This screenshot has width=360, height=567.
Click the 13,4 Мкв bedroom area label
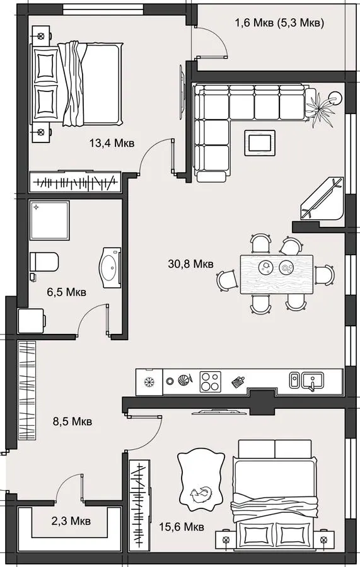coord(112,143)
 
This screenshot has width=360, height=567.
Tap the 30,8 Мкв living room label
coord(190,263)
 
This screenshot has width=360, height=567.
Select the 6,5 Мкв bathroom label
coord(67,292)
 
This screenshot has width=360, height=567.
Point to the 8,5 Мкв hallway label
coord(73,421)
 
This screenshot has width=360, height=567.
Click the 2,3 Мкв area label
coord(71,521)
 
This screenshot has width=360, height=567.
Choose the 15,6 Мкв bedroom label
coord(182,527)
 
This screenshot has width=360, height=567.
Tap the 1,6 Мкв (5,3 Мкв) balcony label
coord(279,23)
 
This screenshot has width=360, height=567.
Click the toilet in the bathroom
coord(44,261)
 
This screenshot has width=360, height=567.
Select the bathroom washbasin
coord(110,268)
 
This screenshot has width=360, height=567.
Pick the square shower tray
coord(49,220)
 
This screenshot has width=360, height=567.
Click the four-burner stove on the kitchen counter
coord(211,382)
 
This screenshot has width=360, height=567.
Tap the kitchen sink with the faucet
coord(313,381)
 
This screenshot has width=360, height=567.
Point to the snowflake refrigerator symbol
coord(148,382)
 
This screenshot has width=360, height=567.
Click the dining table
coord(277,275)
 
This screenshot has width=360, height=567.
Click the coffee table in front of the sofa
coord(259,143)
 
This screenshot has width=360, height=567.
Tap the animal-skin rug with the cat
coord(200,479)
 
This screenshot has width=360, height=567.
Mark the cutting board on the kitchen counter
coord(238,381)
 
